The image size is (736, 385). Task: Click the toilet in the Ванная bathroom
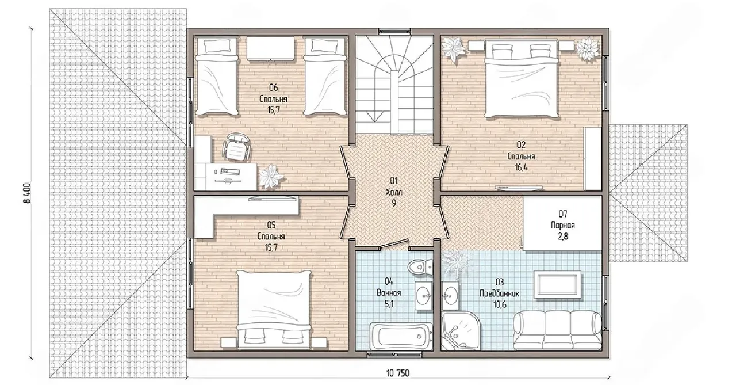tap(420, 266)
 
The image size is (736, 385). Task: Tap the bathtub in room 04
tap(400, 336)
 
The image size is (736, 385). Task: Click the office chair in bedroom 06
tap(236, 147)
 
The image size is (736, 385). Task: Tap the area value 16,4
tap(521, 167)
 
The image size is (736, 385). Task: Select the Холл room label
tap(394, 192)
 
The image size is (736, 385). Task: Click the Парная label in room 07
tap(563, 225)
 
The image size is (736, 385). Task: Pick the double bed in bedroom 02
tap(522, 78)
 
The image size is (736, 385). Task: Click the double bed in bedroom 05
tap(273, 310)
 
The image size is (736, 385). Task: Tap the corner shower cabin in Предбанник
tap(461, 330)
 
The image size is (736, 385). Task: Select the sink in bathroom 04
tap(424, 296)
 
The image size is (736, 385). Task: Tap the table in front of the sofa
tap(557, 284)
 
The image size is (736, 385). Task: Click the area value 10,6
tap(500, 304)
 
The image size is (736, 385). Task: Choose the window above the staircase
tap(394, 32)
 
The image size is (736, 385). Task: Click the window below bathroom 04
tap(394, 354)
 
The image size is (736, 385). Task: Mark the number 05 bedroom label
tap(271, 225)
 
